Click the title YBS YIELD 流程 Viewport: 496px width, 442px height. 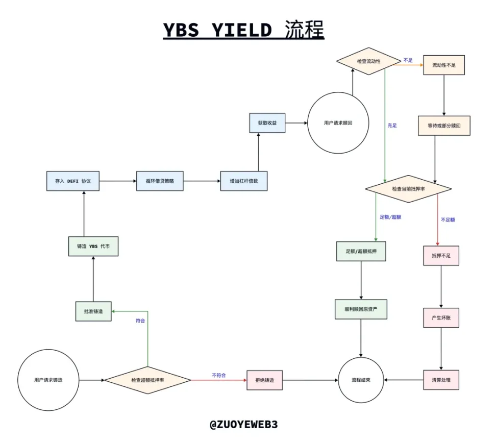pyautogui.click(x=243, y=30)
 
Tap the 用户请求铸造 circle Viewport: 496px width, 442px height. pyautogui.click(x=48, y=380)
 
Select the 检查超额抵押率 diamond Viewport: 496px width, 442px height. pyautogui.click(x=147, y=380)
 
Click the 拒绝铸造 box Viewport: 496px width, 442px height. pyautogui.click(x=264, y=380)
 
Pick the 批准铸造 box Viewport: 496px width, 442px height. pyautogui.click(x=93, y=311)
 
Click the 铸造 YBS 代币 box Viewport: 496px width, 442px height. pyautogui.click(x=93, y=246)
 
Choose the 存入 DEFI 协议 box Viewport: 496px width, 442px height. pyautogui.click(x=72, y=181)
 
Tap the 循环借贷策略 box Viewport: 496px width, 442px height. pyautogui.click(x=160, y=181)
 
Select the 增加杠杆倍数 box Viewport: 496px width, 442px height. pyautogui.click(x=243, y=181)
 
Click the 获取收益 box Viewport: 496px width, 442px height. pyautogui.click(x=267, y=123)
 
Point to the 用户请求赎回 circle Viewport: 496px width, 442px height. pyautogui.click(x=338, y=123)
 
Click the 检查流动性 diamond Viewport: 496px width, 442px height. pyautogui.click(x=368, y=61)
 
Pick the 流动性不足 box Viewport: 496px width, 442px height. pyautogui.click(x=444, y=65)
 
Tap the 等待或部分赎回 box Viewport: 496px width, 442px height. pyautogui.click(x=444, y=125)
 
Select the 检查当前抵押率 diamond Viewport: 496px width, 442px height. pyautogui.click(x=408, y=189)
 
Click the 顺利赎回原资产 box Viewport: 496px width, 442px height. pyautogui.click(x=361, y=309)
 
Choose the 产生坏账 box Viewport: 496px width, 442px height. pyautogui.click(x=441, y=317)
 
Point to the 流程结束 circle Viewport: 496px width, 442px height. pyautogui.click(x=361, y=380)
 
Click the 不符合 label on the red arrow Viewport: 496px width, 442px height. pyautogui.click(x=218, y=375)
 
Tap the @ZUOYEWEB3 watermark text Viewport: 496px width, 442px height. pyautogui.click(x=243, y=424)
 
